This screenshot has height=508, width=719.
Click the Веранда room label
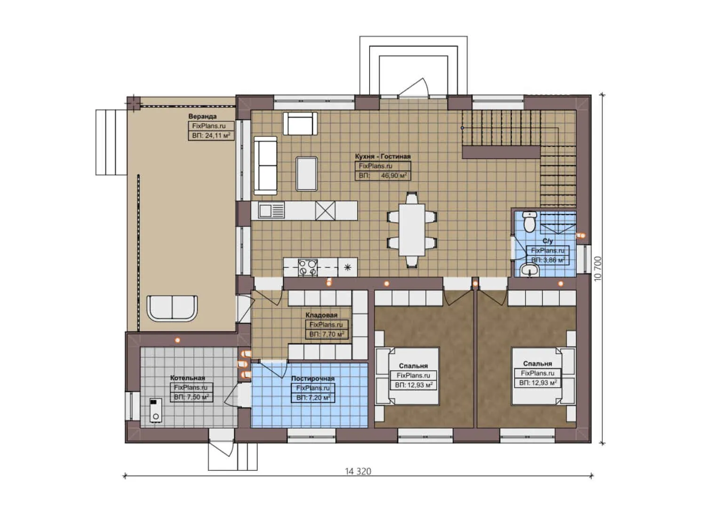pyautogui.click(x=202, y=116)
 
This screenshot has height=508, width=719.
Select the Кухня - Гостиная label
pyautogui.click(x=383, y=156)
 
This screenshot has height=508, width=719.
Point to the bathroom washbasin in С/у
pyautogui.click(x=530, y=270)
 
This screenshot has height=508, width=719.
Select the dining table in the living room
pyautogui.click(x=412, y=230)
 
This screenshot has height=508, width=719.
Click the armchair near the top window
pyautogui.click(x=299, y=123)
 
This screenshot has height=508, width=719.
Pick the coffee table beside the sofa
pyautogui.click(x=306, y=173)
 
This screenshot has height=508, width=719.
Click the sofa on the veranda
pyautogui.click(x=172, y=308)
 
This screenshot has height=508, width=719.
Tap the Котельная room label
pyautogui.click(x=187, y=378)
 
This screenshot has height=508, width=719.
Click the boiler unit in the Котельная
pyautogui.click(x=155, y=410)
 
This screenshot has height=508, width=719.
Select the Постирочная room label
pyautogui.click(x=312, y=378)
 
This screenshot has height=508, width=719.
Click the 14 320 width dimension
pyautogui.click(x=358, y=471)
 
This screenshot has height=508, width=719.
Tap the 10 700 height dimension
pyautogui.click(x=598, y=269)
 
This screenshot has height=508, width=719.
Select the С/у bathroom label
pyautogui.click(x=547, y=241)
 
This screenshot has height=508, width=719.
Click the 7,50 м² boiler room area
pyautogui.click(x=196, y=397)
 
